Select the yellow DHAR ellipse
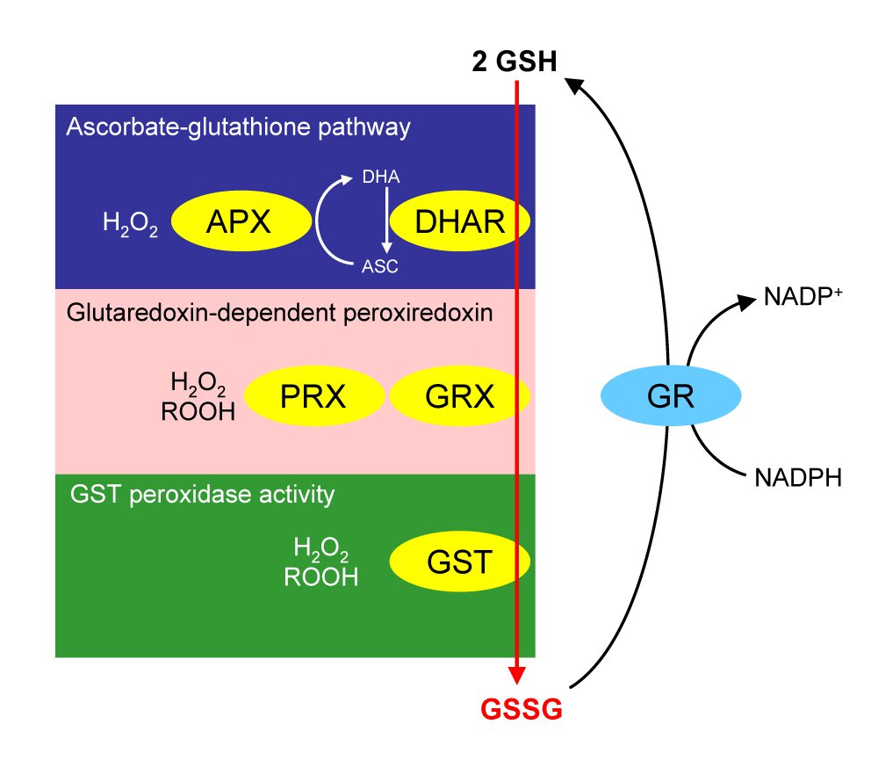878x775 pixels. tap(460, 223)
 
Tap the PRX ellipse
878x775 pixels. tap(314, 397)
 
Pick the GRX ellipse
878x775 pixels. tap(460, 397)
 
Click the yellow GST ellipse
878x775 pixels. tap(460, 561)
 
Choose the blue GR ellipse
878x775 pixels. tap(670, 398)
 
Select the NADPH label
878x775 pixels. tap(798, 478)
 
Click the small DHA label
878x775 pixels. tap(381, 178)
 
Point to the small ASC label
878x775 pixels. tap(380, 267)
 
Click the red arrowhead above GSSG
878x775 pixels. tap(517, 673)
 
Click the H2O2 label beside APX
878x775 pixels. tap(130, 225)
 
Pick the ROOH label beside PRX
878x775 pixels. tap(198, 411)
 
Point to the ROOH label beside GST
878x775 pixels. tap(321, 576)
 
